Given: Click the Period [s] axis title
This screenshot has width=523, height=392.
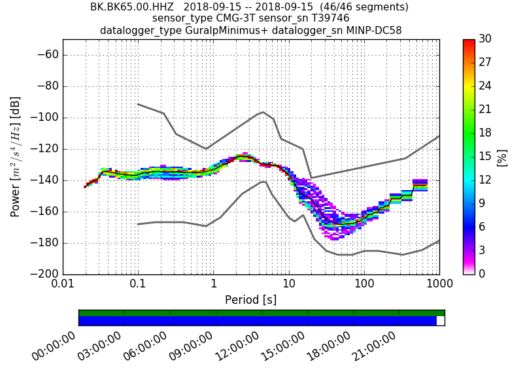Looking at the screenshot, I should (x=251, y=300).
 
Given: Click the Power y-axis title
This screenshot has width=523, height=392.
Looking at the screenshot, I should (x=16, y=157).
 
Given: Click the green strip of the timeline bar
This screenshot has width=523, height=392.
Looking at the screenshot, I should (x=261, y=313).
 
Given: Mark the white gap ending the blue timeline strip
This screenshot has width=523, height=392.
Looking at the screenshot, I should (x=441, y=321).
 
